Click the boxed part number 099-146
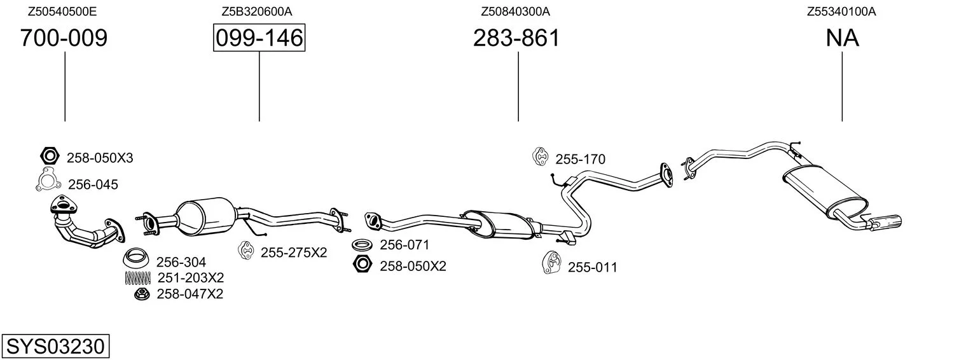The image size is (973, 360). coord(259,38)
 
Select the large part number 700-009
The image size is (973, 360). coord(64,38)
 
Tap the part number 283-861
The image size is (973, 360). coord(516,38)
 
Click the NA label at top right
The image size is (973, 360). coord(842,38)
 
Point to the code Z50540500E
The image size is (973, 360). coord(62,11)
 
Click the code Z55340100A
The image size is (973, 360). coord(841,11)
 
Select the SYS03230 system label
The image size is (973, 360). coord(55,346)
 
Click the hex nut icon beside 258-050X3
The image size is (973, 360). coord(50,155)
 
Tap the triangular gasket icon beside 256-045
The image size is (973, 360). coord(47,180)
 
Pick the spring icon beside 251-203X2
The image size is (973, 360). coord(138,278)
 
